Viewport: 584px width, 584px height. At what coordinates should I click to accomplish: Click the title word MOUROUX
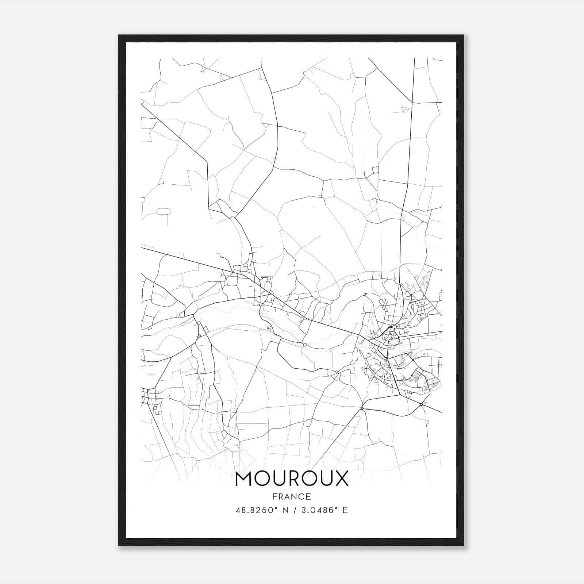pyautogui.click(x=292, y=479)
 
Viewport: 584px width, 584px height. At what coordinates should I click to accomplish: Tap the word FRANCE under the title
pyautogui.click(x=292, y=496)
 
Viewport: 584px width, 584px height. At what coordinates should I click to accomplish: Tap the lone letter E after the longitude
pyautogui.click(x=345, y=510)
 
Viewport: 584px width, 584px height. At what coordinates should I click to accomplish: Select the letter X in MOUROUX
pyautogui.click(x=340, y=479)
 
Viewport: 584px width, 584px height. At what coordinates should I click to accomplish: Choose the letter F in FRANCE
pyautogui.click(x=274, y=496)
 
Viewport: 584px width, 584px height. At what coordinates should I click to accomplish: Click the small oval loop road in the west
pyautogui.click(x=163, y=211)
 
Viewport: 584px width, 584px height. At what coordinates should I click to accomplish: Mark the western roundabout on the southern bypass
pyautogui.click(x=362, y=408)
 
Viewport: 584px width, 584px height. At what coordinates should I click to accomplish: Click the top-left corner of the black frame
pyautogui.click(x=119, y=35)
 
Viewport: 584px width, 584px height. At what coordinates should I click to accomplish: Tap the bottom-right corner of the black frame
pyautogui.click(x=464, y=545)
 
